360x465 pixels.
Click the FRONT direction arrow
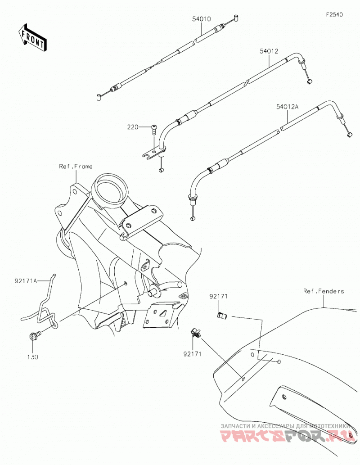(32, 37)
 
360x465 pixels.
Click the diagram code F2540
(334, 14)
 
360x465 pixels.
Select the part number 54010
(201, 19)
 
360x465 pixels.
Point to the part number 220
(133, 127)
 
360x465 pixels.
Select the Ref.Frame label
(76, 167)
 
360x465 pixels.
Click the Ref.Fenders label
(324, 291)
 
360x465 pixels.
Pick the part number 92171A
(26, 280)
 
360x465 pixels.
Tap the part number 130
(32, 357)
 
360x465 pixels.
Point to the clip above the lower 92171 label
(195, 333)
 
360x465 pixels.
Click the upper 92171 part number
(218, 296)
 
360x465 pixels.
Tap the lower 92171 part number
(192, 354)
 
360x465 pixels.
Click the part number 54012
(269, 51)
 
